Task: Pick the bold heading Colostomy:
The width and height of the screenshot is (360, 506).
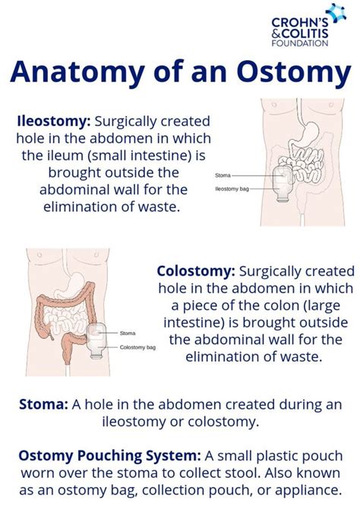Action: click(196, 271)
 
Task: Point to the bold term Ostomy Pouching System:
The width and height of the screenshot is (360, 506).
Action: click(110, 455)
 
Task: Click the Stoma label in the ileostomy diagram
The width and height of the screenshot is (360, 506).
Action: click(223, 175)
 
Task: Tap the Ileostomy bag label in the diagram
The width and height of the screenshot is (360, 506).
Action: click(232, 188)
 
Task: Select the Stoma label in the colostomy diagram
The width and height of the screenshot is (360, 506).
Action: click(128, 333)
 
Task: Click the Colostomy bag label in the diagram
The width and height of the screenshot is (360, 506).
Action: click(137, 347)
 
